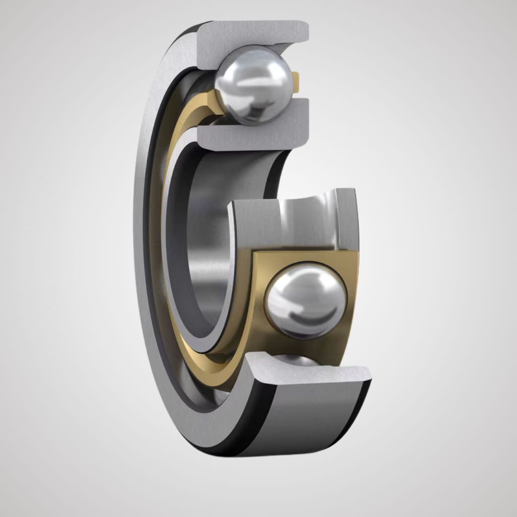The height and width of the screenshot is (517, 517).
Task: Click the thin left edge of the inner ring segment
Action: coord(231,268)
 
